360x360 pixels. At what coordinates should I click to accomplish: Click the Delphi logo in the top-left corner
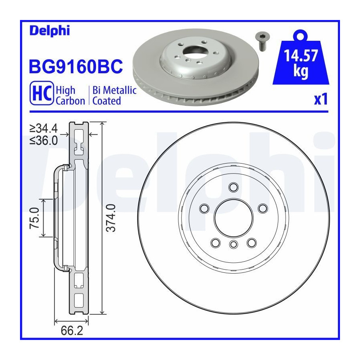click(50, 30)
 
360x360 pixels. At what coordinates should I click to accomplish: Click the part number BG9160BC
click(76, 66)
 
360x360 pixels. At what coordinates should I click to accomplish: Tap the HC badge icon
click(42, 93)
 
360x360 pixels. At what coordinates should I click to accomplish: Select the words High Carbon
click(70, 96)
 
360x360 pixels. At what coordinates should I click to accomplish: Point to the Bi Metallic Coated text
click(114, 96)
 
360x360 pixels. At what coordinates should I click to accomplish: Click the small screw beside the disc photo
click(262, 41)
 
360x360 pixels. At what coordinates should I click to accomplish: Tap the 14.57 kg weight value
click(301, 63)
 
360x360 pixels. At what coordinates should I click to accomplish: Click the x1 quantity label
click(321, 99)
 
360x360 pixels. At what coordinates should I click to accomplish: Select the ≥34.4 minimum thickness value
click(44, 128)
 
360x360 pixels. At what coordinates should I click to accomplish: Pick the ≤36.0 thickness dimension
click(44, 140)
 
